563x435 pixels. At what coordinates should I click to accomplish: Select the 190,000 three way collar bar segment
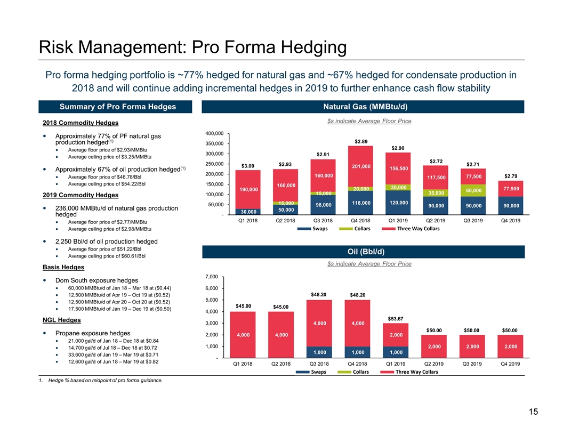pyautogui.click(x=248, y=189)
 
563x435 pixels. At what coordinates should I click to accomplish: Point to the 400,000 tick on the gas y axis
pyautogui.click(x=214, y=133)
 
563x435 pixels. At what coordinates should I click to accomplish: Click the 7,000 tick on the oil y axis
pyautogui.click(x=211, y=277)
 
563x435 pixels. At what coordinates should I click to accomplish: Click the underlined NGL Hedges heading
pyautogui.click(x=61, y=320)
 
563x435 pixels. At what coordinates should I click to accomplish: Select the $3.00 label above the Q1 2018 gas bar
pyautogui.click(x=248, y=166)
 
